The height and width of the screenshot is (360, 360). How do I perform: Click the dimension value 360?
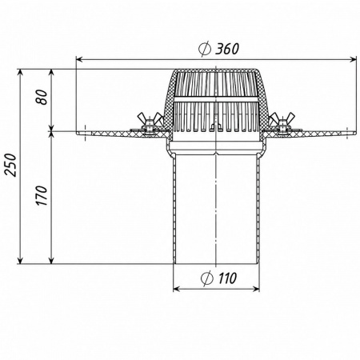point(227,49)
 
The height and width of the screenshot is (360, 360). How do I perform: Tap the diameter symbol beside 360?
point(205,49)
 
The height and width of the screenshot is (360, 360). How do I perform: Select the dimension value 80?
point(42,97)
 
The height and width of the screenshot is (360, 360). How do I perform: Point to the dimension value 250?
point(11,165)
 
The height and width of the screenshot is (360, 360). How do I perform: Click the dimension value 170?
point(42,195)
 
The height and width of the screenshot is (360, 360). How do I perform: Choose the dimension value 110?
point(227,278)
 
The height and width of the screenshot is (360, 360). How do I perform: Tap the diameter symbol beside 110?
point(207,278)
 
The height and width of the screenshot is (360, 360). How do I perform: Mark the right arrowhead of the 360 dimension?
point(354,60)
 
